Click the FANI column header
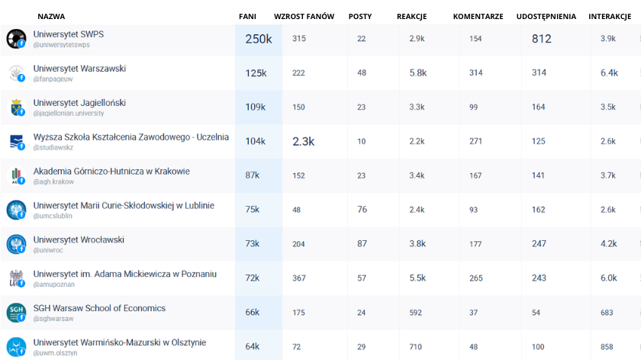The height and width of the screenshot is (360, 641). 247,16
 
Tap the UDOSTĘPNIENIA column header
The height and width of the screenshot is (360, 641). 546,16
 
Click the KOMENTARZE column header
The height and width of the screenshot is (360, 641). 478,16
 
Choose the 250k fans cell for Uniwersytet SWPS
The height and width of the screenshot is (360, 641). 258,39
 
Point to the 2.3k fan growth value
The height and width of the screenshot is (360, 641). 303,141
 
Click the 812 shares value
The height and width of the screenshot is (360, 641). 541,39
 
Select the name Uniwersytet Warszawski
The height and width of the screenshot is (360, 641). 79,69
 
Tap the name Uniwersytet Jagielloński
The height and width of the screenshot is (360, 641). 79,103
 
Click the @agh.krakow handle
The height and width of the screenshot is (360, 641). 53,182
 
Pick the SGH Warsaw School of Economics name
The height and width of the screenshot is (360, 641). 99,308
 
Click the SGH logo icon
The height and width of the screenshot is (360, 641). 15,313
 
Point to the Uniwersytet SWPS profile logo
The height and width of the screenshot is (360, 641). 15,39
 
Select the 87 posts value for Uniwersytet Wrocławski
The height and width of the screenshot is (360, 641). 362,244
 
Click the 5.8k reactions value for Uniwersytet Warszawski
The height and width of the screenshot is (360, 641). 417,72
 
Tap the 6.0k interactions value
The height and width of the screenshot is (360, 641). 608,278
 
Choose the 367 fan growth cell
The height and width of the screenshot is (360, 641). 298,278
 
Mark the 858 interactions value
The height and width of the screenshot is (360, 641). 607,347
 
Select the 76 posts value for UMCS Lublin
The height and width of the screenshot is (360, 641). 362,210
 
